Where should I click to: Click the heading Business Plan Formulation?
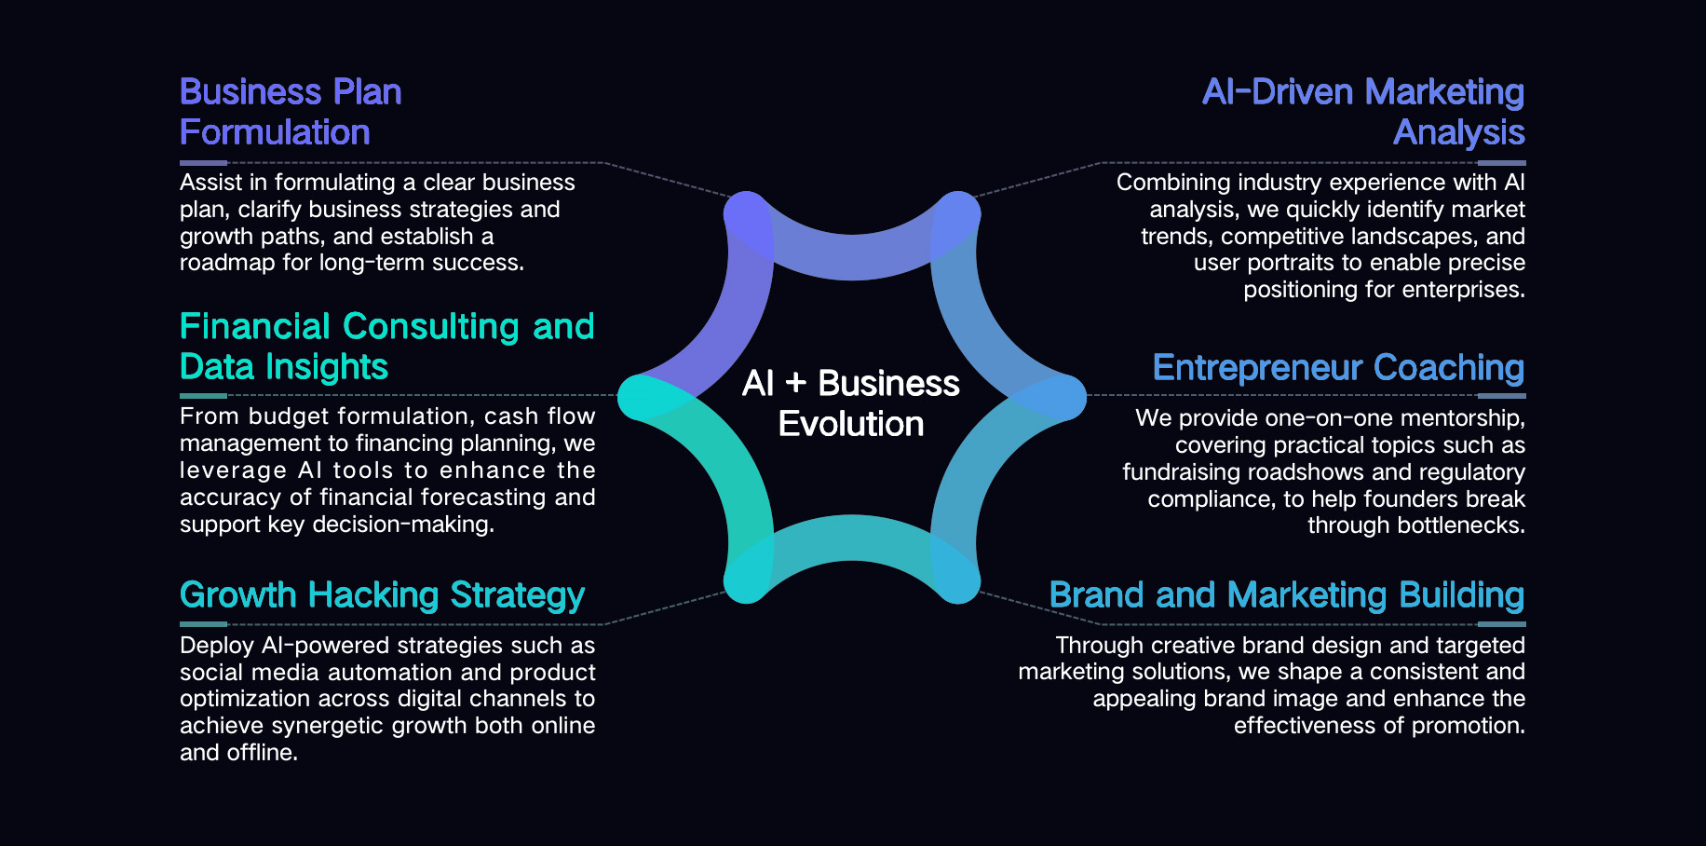[x=291, y=112]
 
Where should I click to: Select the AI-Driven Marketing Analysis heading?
[x=1363, y=112]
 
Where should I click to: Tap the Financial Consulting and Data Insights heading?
[x=386, y=347]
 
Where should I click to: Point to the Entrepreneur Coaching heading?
[x=1338, y=368]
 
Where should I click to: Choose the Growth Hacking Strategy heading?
[x=382, y=595]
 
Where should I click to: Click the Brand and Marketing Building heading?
[x=1287, y=595]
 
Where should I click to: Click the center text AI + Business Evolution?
[x=851, y=403]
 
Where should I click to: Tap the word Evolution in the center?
[x=851, y=424]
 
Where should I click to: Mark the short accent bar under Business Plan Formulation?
[x=203, y=163]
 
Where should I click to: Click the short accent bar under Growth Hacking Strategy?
[x=203, y=624]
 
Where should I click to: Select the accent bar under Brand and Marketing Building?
[x=1502, y=624]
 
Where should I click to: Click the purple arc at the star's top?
[x=852, y=257]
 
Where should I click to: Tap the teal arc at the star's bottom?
[x=852, y=539]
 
